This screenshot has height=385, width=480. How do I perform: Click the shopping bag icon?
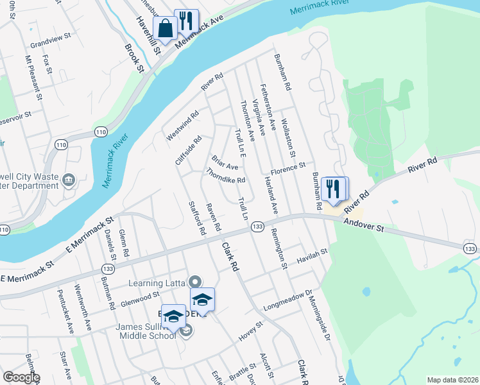pos(165,28)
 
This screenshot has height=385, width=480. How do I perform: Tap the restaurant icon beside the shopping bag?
pos(186,22)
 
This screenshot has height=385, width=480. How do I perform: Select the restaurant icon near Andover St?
pos(334,189)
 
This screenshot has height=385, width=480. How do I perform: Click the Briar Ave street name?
pos(225,163)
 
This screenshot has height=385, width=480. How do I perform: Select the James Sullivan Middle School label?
pos(146,331)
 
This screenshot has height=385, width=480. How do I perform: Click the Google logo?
pos(21,377)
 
